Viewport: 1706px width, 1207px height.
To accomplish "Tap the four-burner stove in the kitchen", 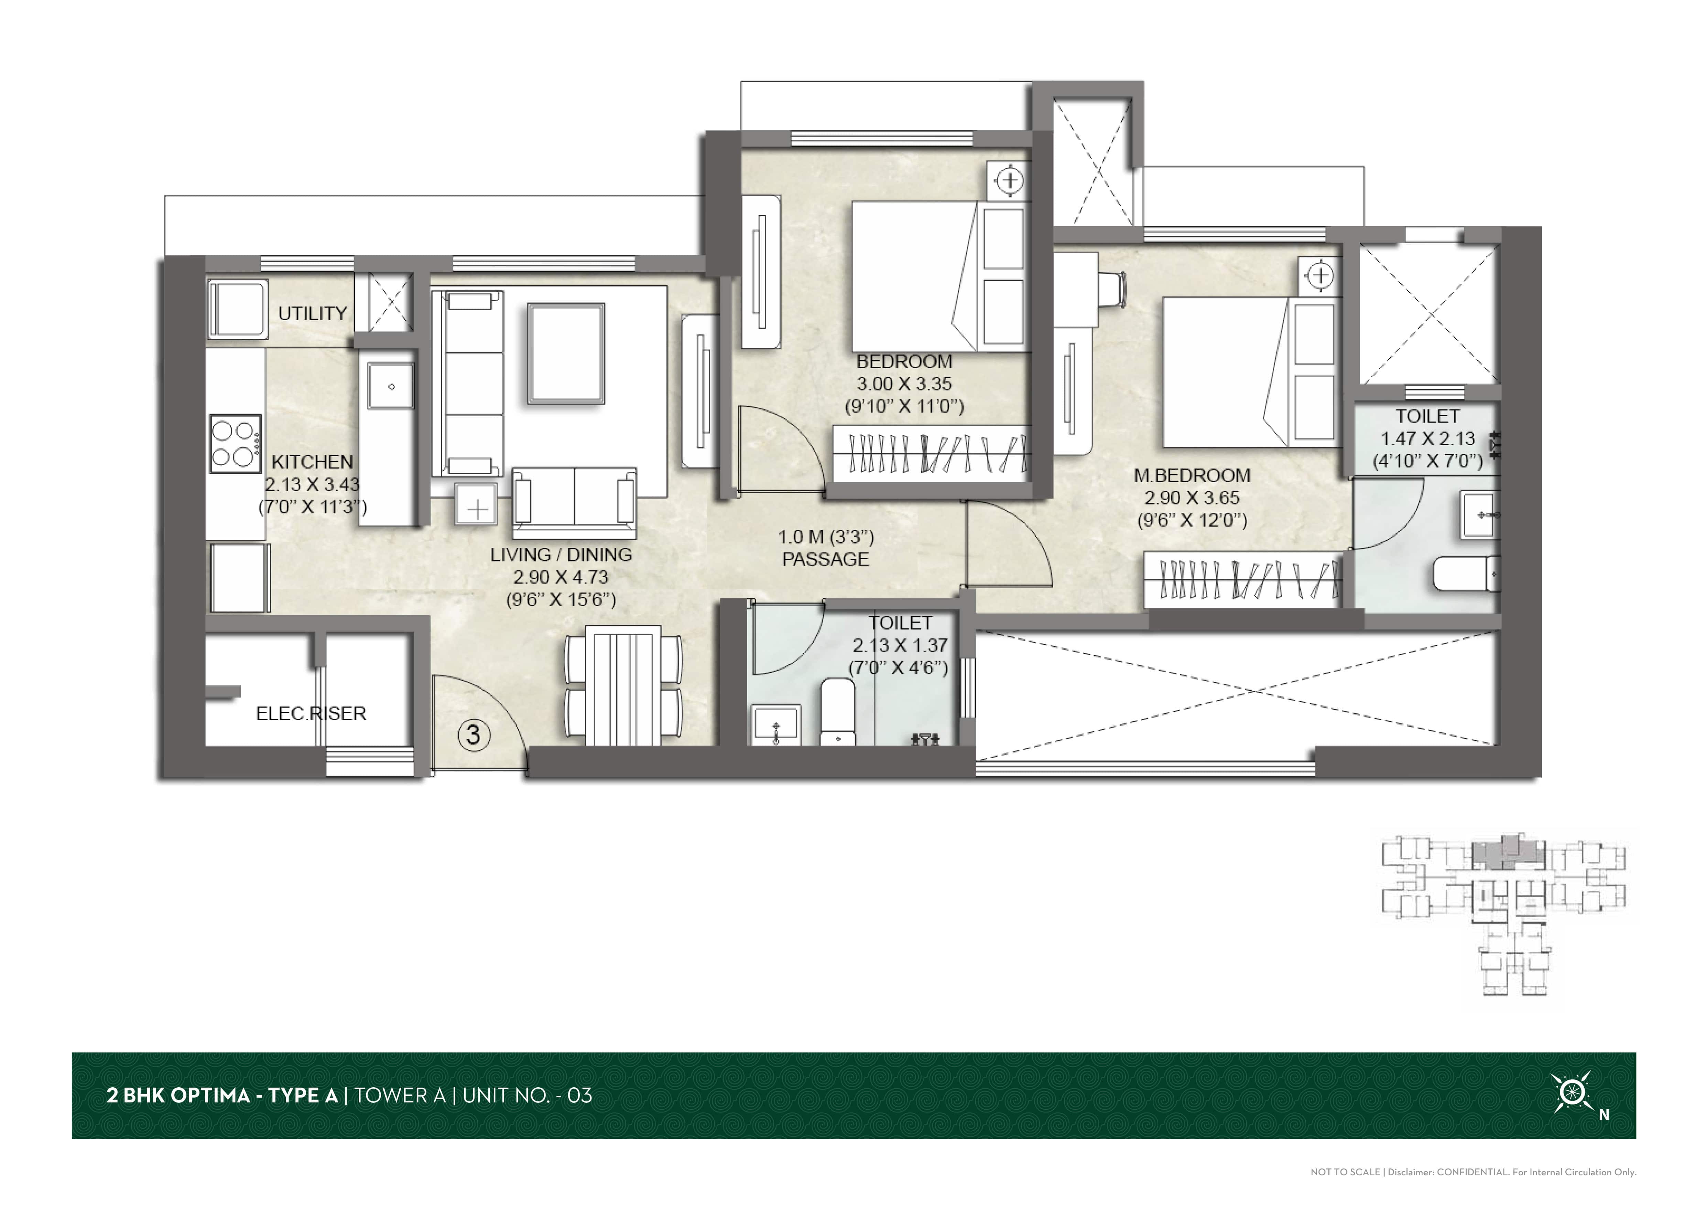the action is (x=235, y=444).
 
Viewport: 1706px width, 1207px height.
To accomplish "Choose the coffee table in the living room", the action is (x=566, y=353).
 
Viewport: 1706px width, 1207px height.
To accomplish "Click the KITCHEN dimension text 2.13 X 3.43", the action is (x=312, y=484).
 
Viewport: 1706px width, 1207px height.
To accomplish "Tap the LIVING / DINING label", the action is (x=561, y=554).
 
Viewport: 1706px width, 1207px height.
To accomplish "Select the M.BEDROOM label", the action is (x=1192, y=475).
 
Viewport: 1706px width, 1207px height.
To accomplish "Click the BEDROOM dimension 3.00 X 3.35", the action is (x=904, y=384).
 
